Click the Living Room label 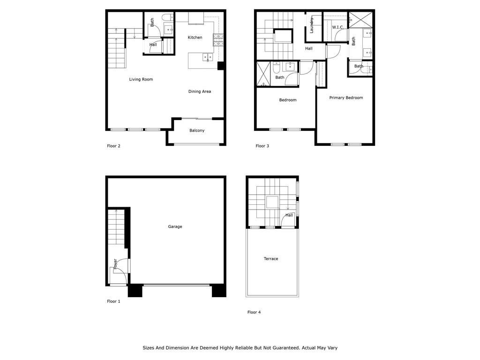point(141,80)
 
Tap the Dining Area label point(200,92)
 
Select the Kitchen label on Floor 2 point(195,37)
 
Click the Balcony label point(197,131)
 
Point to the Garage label point(175,227)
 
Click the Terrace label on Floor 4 point(271,259)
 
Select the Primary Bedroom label point(346,98)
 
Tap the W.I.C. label point(338,28)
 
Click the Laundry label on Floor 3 point(312,25)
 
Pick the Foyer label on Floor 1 point(115,264)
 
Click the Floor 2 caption point(113,146)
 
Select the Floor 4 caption point(254,312)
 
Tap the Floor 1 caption point(113,301)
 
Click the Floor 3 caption point(262,146)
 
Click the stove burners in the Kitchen point(218,40)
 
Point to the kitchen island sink point(207,57)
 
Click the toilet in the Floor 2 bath point(166,18)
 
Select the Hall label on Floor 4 point(289,216)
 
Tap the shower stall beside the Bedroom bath point(263,75)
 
